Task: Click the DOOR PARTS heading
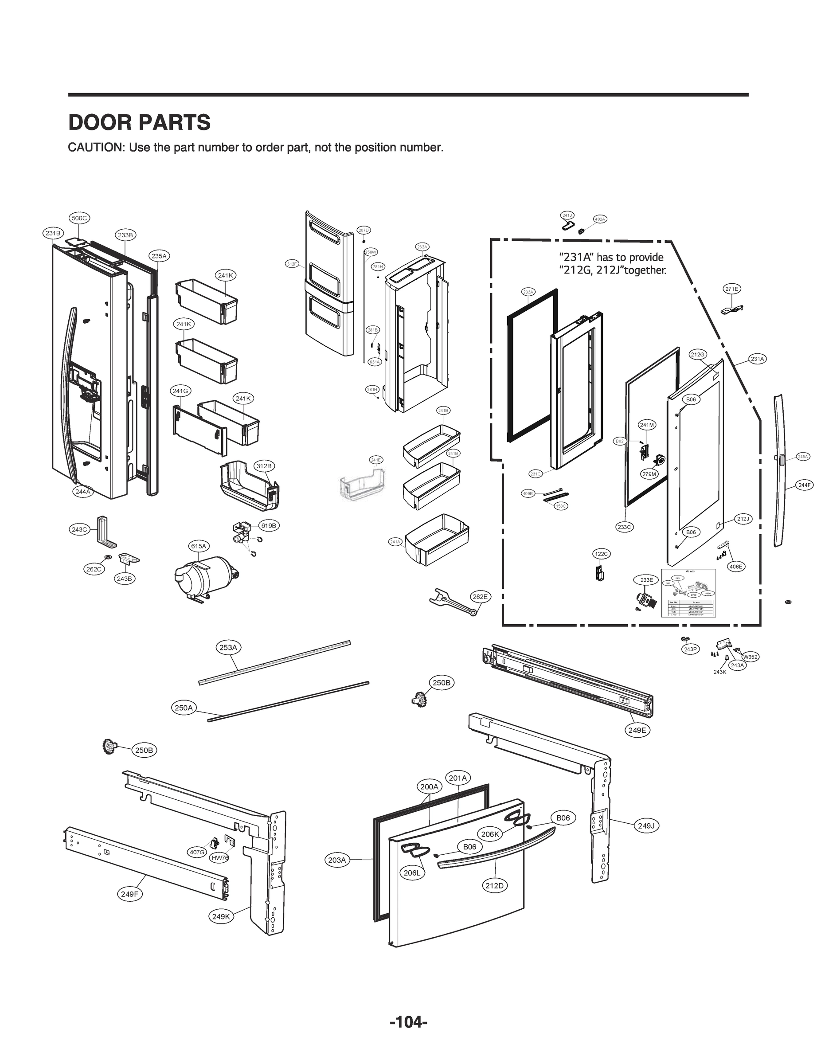(139, 122)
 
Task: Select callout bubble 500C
(79, 219)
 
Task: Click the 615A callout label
(199, 546)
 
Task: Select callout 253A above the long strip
(228, 647)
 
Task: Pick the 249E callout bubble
(637, 730)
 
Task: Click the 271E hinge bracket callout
(732, 289)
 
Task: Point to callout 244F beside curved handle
(804, 485)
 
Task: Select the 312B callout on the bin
(264, 466)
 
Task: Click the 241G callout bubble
(180, 391)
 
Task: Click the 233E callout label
(647, 579)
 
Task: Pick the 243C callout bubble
(79, 530)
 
